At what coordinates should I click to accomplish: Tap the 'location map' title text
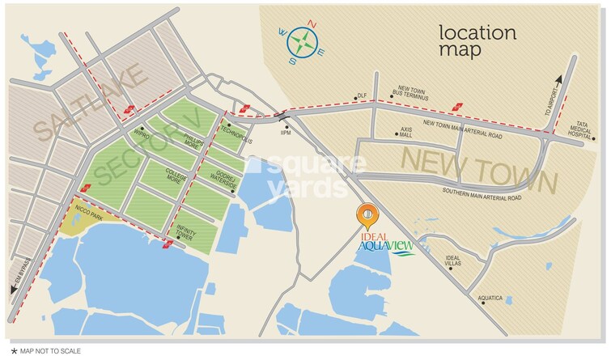477,40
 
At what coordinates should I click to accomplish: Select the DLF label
362,95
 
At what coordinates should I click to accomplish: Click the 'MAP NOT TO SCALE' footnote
37,351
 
